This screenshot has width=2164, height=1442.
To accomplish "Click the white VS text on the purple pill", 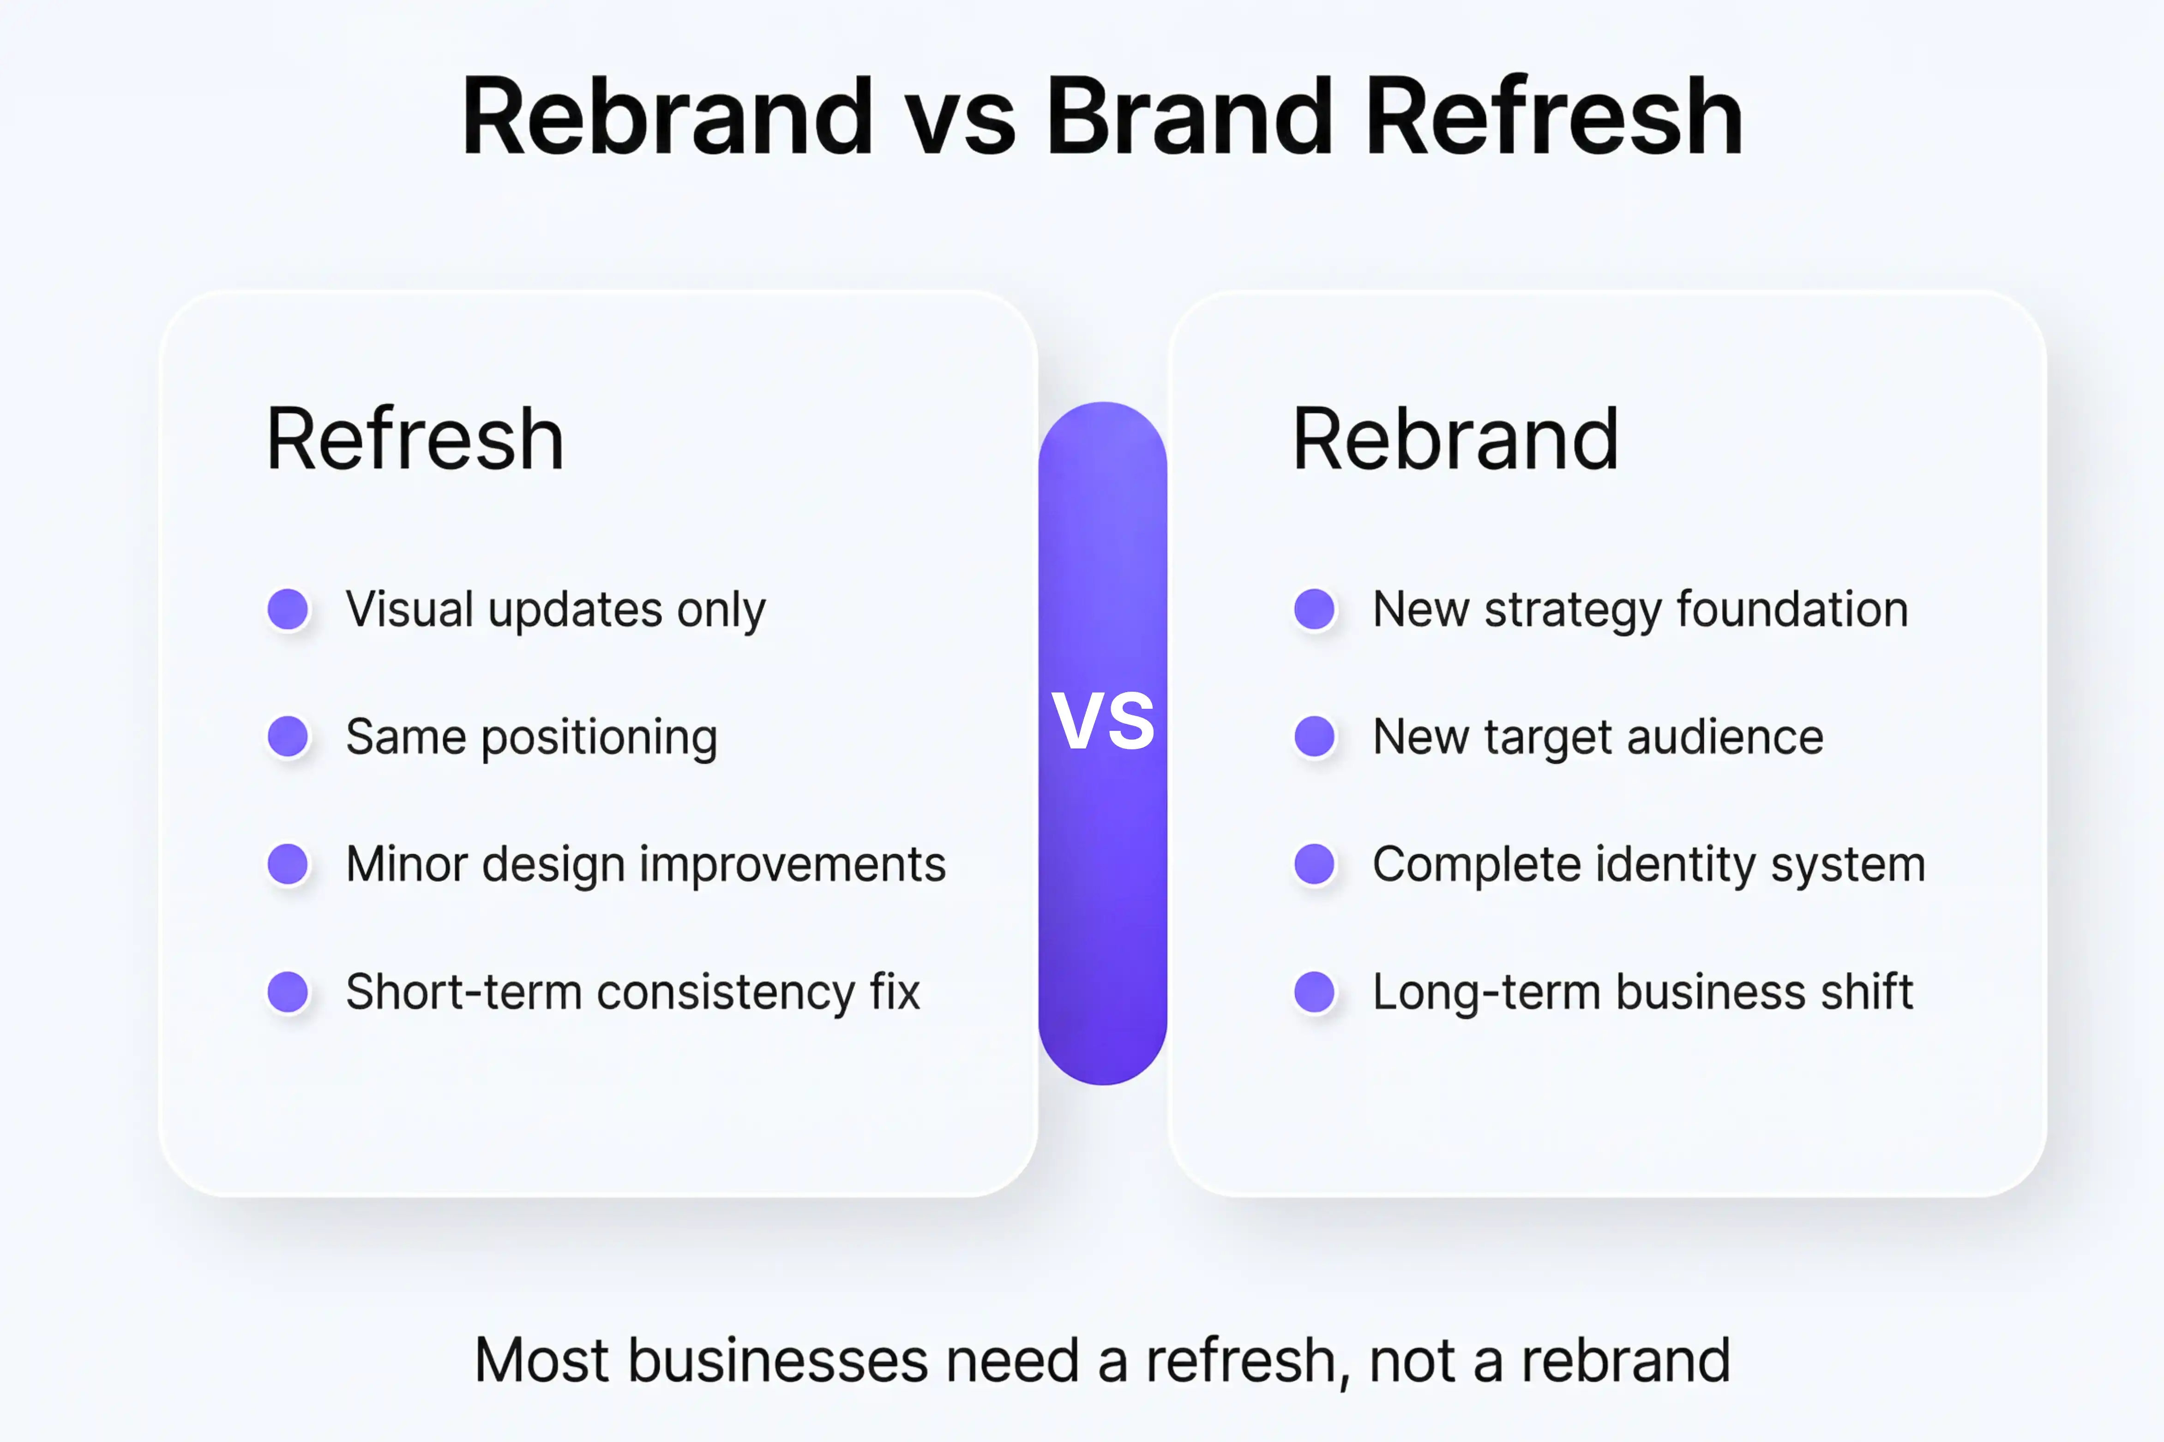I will pos(1103,721).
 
